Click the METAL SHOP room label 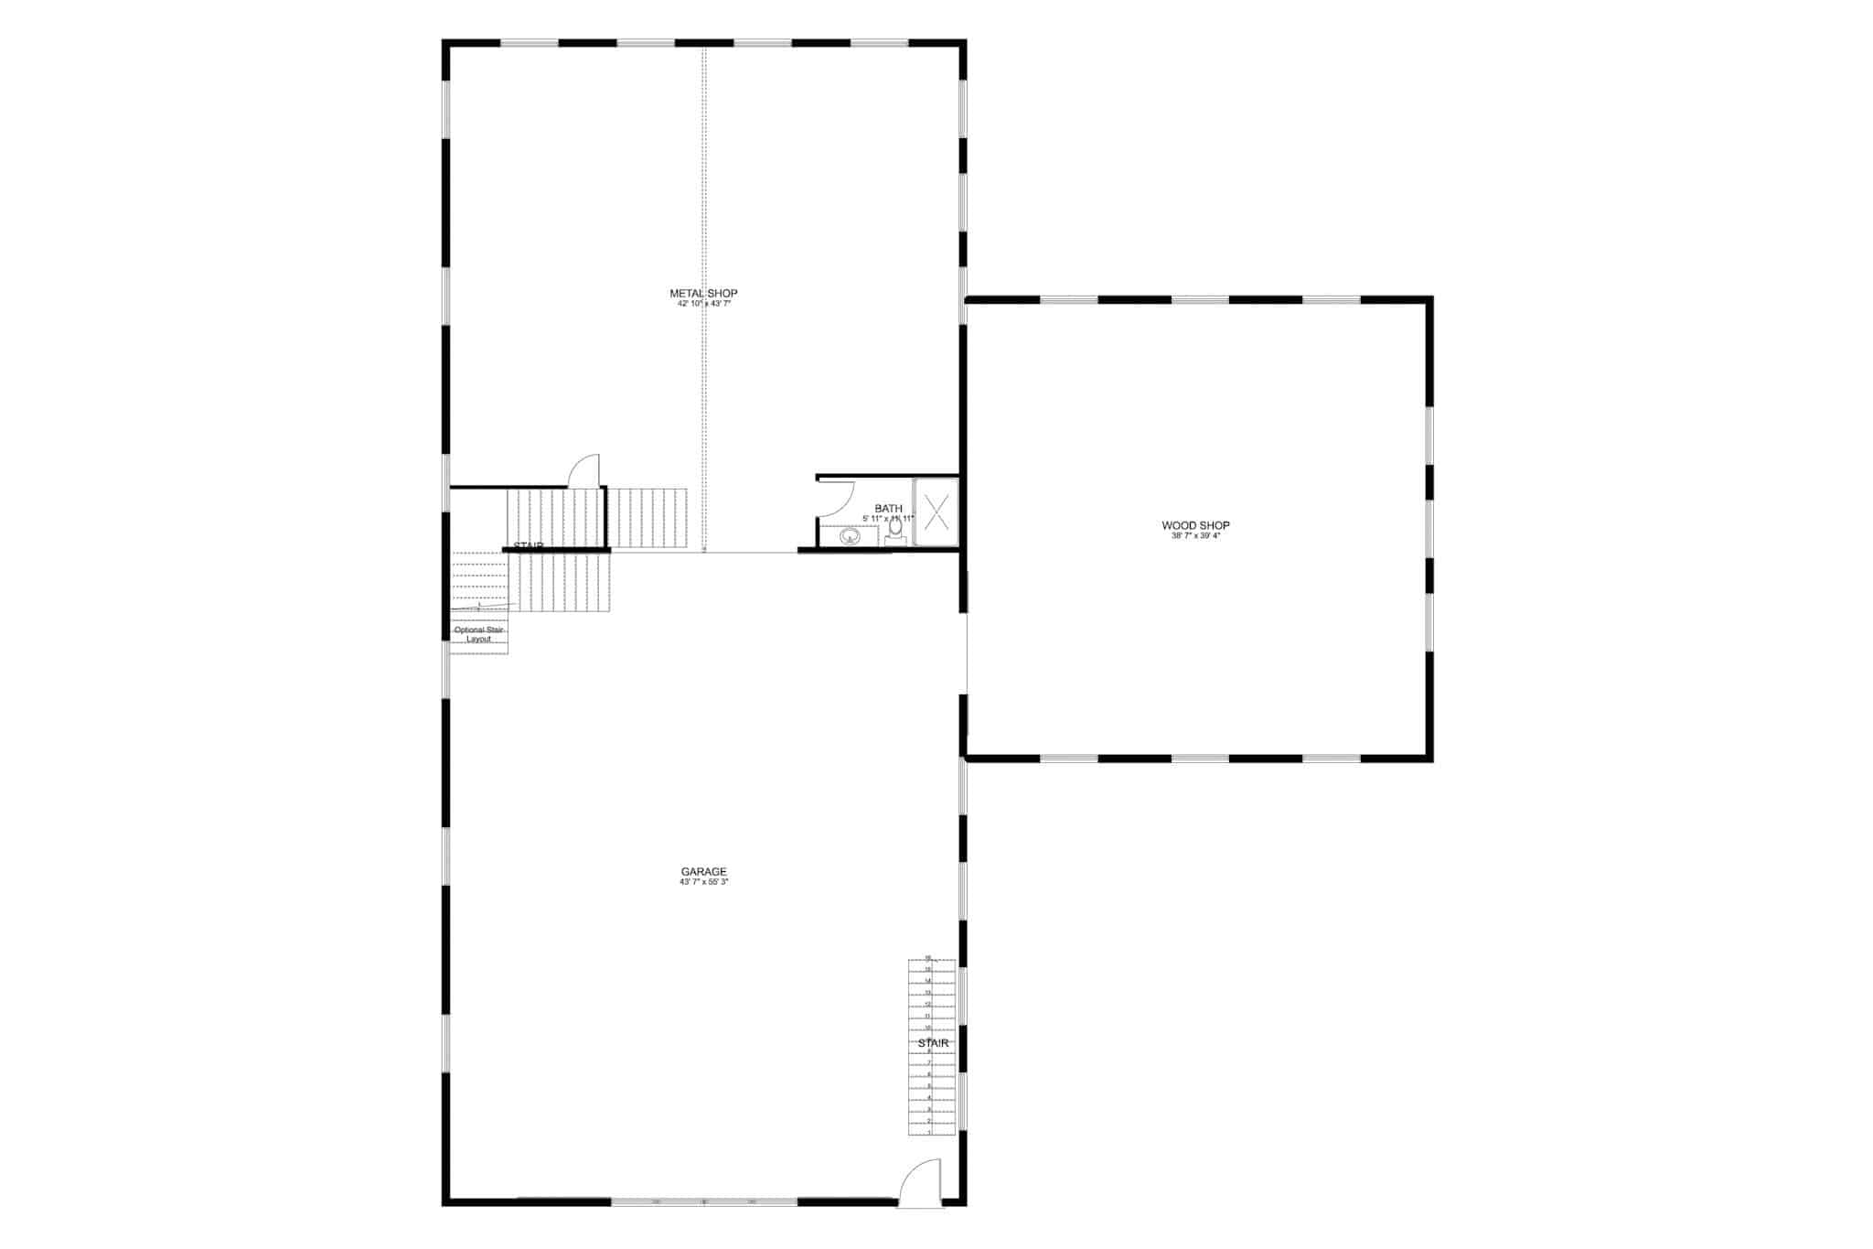703,293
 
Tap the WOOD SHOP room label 1195,525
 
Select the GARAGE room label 703,871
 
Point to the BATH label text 888,509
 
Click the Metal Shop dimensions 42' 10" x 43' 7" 703,304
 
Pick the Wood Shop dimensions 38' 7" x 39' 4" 1195,536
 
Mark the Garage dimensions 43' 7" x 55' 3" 703,882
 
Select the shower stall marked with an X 936,511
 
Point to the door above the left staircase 584,470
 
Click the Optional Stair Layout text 479,634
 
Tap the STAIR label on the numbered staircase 933,1043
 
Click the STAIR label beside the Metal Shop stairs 528,546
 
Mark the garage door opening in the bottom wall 703,1201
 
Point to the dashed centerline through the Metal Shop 703,183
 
